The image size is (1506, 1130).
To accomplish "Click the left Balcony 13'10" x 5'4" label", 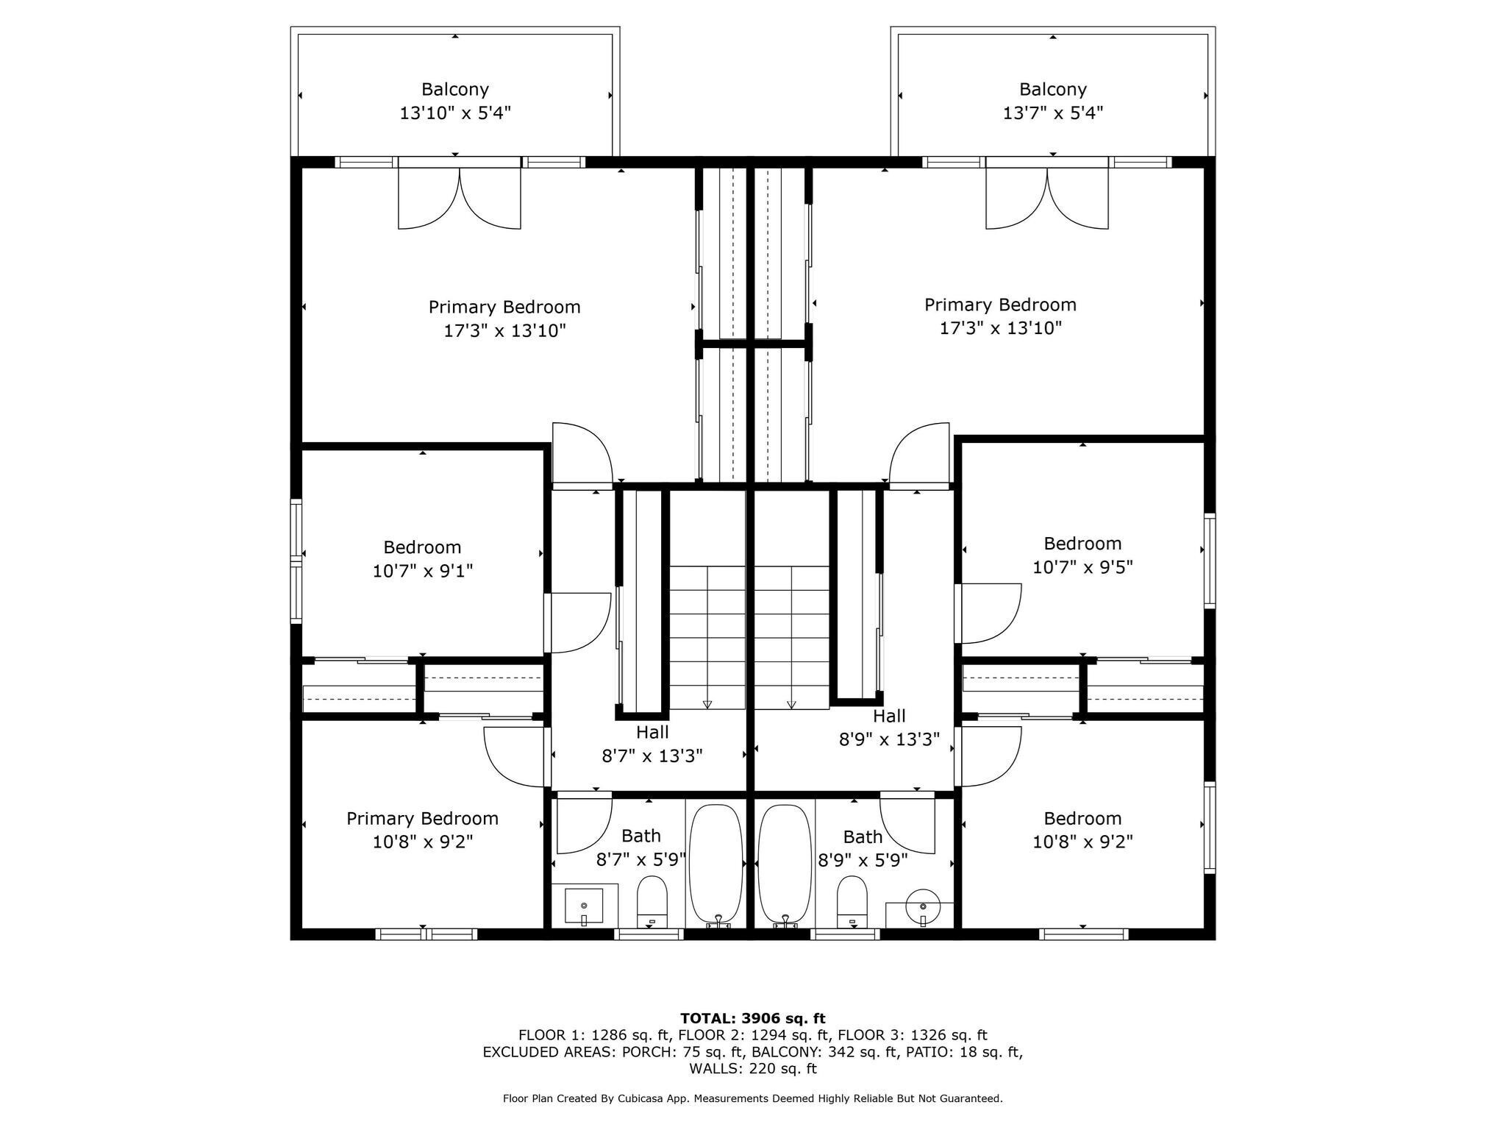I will click(454, 101).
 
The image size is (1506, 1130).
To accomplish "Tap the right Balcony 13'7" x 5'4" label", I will click(1052, 101).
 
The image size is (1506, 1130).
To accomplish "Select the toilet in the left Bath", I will click(652, 901).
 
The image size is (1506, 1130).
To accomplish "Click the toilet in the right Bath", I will click(852, 901).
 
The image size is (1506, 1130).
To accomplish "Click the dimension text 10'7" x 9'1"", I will click(422, 571).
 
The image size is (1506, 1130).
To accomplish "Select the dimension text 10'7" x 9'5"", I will click(1082, 567).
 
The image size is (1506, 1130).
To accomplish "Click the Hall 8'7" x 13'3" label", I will click(652, 744).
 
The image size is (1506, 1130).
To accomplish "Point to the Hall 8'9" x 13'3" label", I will click(889, 728).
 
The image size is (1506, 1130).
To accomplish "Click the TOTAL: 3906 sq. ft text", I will click(752, 1018).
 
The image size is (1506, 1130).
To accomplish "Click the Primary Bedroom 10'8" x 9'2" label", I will click(422, 830).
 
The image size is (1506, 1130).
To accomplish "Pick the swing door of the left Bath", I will click(584, 824).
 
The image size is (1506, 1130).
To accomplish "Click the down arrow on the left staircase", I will click(707, 704).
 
